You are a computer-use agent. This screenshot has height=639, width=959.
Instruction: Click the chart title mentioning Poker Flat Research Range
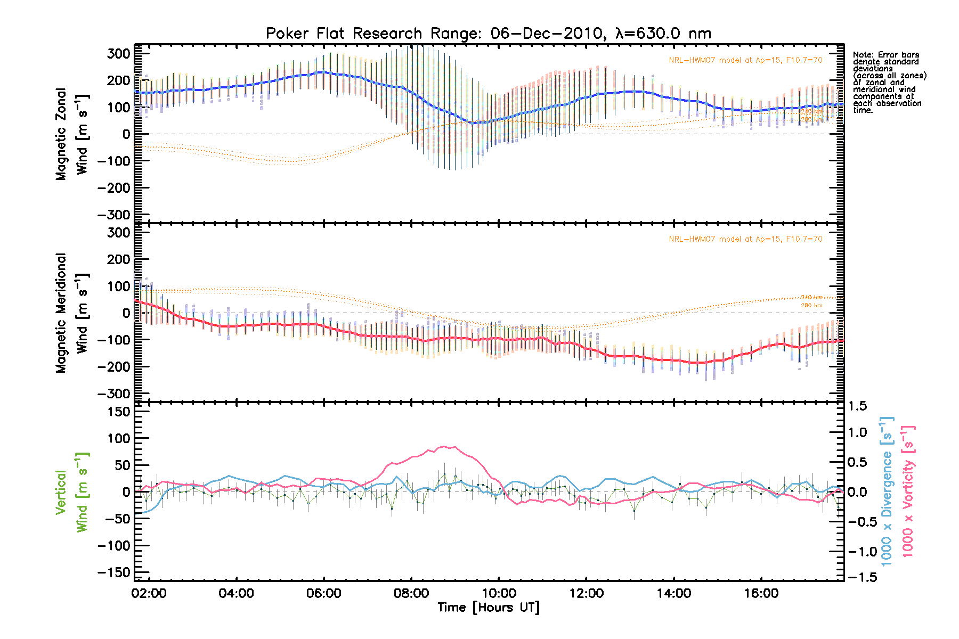click(x=488, y=34)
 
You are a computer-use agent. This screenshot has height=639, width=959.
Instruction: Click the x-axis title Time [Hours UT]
click(x=488, y=608)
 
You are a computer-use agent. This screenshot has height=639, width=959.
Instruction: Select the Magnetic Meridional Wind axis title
click(x=72, y=313)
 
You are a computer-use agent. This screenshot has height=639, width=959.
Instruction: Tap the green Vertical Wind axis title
click(x=72, y=492)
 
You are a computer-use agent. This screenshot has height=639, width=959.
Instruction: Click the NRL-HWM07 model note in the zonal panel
click(x=745, y=60)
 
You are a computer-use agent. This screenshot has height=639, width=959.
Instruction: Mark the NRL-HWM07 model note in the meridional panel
click(x=745, y=239)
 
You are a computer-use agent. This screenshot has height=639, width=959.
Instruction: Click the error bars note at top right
click(x=889, y=83)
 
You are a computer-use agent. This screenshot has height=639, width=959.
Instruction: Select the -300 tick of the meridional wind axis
click(x=114, y=394)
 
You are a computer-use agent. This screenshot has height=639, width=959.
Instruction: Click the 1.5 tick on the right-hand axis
click(x=857, y=406)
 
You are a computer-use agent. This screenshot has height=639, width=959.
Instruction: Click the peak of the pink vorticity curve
click(x=446, y=447)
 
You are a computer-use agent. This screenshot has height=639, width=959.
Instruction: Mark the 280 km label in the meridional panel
click(x=811, y=306)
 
